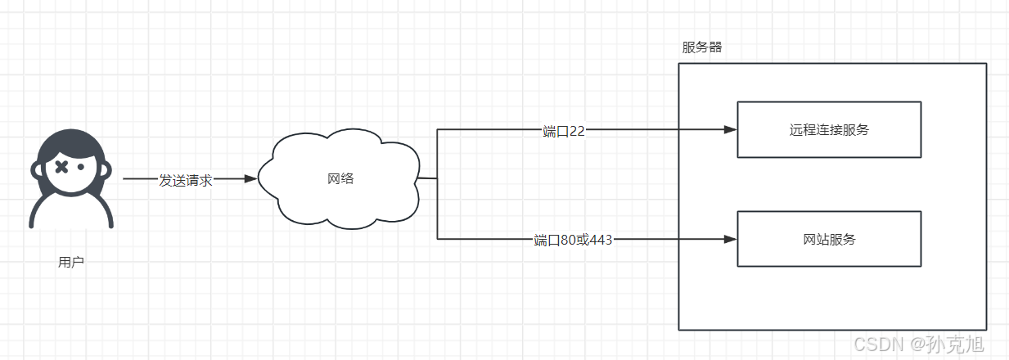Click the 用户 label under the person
pyautogui.click(x=71, y=263)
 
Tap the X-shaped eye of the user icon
pyautogui.click(x=61, y=168)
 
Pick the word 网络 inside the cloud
pyautogui.click(x=340, y=178)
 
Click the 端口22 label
pyautogui.click(x=564, y=131)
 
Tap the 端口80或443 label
pyautogui.click(x=573, y=240)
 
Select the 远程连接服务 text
pyautogui.click(x=829, y=129)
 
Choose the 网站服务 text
pyautogui.click(x=829, y=239)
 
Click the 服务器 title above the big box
pyautogui.click(x=702, y=47)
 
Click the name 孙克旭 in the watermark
pyautogui.click(x=955, y=344)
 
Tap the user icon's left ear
pyautogui.click(x=36, y=170)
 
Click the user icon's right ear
pyautogui.click(x=107, y=170)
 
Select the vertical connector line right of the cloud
pyautogui.click(x=437, y=184)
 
